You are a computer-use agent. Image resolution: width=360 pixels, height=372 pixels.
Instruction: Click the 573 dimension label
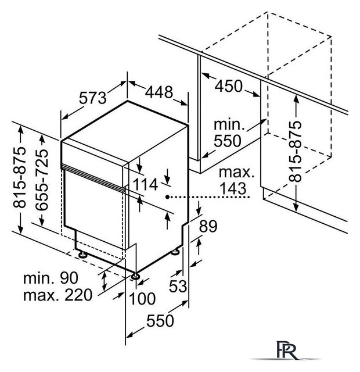pyautogui.click(x=92, y=98)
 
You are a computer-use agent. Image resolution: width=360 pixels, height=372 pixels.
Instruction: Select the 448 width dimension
pyautogui.click(x=159, y=92)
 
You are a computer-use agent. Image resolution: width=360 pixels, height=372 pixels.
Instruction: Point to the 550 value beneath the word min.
pyautogui.click(x=228, y=141)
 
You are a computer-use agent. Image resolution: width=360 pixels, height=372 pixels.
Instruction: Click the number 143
pyautogui.click(x=233, y=188)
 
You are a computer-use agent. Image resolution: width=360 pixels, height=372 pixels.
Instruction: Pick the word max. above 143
pyautogui.click(x=236, y=172)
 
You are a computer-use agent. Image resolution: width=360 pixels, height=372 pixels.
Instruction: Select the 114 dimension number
pyautogui.click(x=145, y=184)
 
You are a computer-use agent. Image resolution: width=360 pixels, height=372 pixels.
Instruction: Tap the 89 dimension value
pyautogui.click(x=208, y=226)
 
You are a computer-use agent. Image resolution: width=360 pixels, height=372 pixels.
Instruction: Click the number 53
pyautogui.click(x=178, y=286)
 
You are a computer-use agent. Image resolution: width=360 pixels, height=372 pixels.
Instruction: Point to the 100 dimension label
pyautogui.click(x=142, y=298)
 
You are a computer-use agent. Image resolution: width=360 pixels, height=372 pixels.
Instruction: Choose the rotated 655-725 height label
pyautogui.click(x=42, y=180)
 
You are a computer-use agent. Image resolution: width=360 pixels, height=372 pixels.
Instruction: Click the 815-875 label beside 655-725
pyautogui.click(x=19, y=178)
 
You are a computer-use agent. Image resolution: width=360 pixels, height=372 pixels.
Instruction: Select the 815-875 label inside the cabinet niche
pyautogui.click(x=295, y=152)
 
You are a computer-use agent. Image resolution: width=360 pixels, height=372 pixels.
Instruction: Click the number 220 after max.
pyautogui.click(x=78, y=295)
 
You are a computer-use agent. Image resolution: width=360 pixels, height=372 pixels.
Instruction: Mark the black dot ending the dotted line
pyautogui.click(x=167, y=196)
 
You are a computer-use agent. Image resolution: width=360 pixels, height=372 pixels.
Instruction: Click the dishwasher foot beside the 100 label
pyautogui.click(x=135, y=276)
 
